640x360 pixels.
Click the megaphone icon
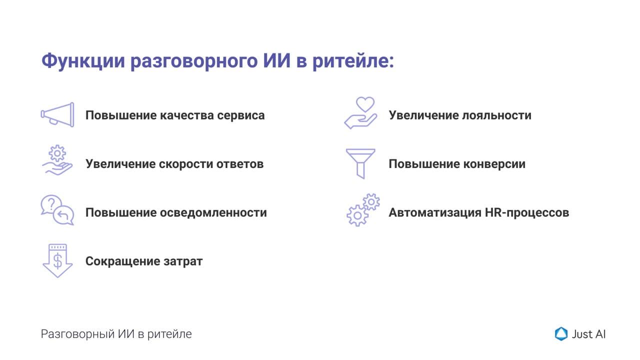[x=57, y=115]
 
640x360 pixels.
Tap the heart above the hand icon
[x=365, y=104]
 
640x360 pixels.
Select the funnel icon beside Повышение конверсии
[x=360, y=163]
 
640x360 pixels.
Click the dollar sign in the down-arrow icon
[x=57, y=261]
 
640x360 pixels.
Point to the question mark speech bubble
[x=51, y=204]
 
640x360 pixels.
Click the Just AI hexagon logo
[x=561, y=333]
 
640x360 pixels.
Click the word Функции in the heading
[x=83, y=61]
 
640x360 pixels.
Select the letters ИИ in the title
[x=276, y=60]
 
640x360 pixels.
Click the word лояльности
[x=496, y=115]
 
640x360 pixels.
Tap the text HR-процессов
[x=527, y=212]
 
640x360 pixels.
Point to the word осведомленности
[x=213, y=212]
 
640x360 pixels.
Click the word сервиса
[x=241, y=115]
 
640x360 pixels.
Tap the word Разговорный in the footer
[x=77, y=334]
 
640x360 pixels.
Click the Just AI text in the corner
[x=588, y=334]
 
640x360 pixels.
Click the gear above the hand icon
[x=57, y=153]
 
